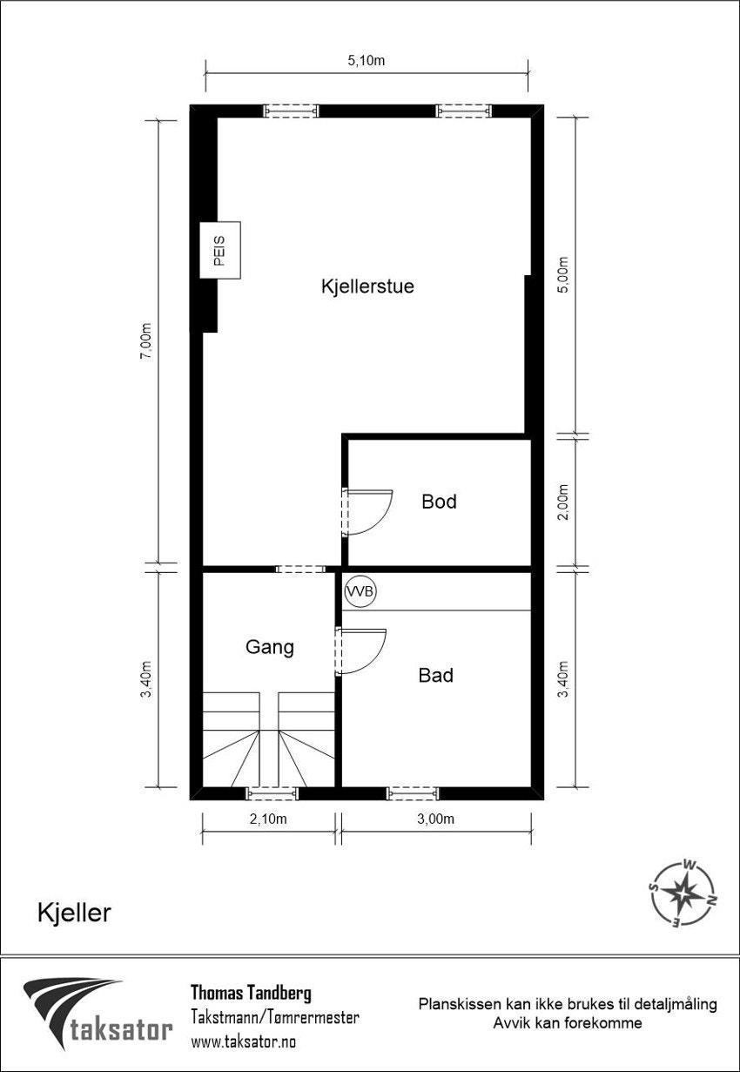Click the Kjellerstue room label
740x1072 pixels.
[367, 287]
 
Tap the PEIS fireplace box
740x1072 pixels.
[219, 250]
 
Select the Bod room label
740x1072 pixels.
[439, 502]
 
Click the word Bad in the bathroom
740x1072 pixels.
[435, 675]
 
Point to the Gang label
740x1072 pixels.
[269, 647]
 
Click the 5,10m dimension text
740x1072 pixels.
[367, 61]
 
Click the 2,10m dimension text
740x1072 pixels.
[268, 819]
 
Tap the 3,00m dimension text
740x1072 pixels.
[435, 819]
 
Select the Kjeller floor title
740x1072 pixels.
[74, 912]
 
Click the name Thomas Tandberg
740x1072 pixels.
[250, 993]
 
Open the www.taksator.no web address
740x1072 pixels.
[243, 1041]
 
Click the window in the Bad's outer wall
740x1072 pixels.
[413, 792]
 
